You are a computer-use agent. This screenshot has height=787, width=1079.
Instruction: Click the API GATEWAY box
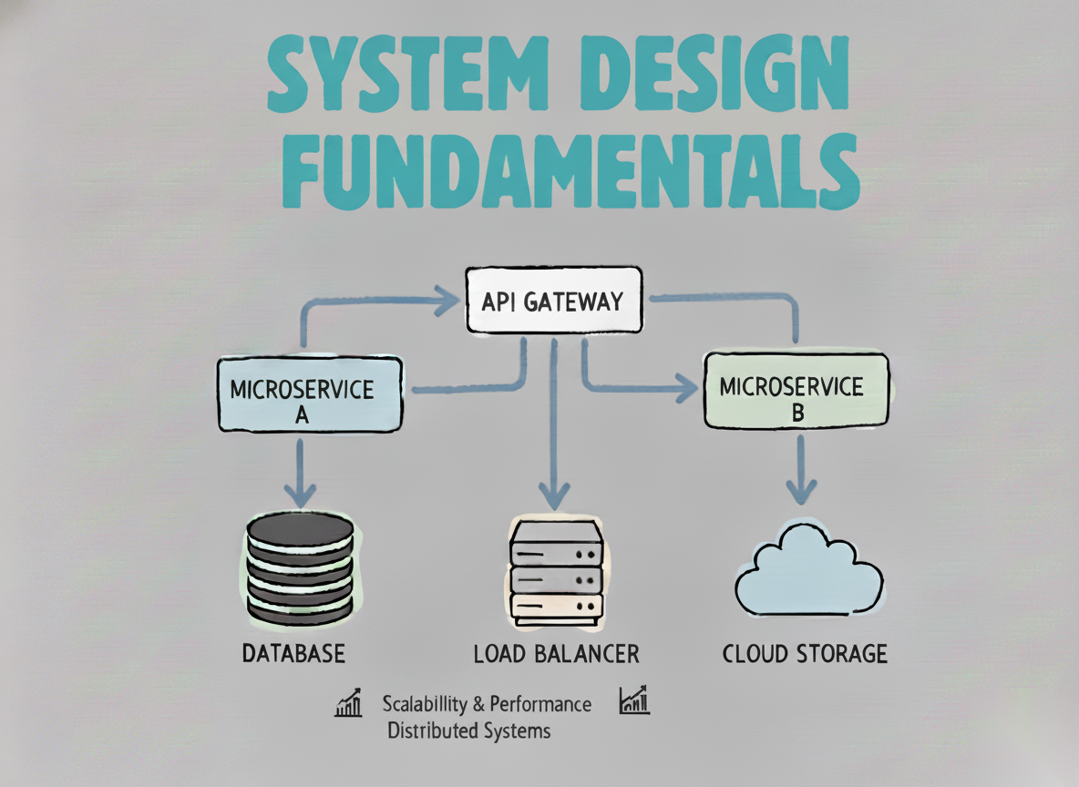(554, 300)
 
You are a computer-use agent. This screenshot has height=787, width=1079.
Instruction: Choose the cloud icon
(807, 569)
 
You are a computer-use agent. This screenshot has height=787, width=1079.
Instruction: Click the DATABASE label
(293, 653)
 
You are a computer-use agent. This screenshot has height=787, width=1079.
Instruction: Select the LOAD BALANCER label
(556, 653)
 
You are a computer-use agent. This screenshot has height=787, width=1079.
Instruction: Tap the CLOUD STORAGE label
(805, 653)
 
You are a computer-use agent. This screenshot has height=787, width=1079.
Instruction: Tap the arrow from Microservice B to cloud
(801, 469)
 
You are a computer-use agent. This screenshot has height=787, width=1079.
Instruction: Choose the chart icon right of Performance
(633, 700)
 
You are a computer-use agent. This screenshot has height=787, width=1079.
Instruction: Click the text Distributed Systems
(468, 731)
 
